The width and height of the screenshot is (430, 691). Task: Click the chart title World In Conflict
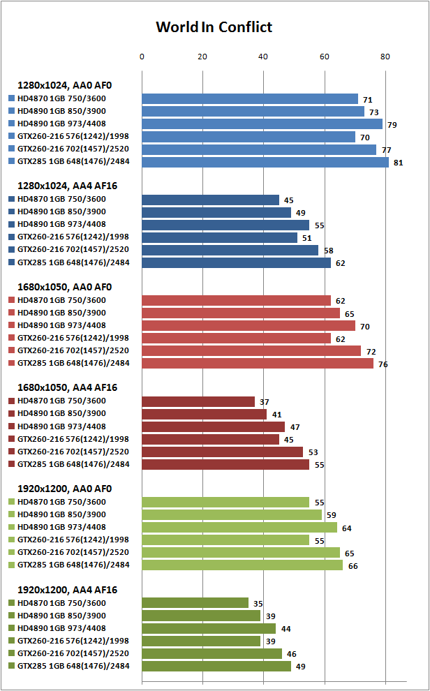pos(214,27)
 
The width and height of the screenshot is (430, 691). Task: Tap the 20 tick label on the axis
pos(202,57)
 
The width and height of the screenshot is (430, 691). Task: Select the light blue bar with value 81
pos(265,162)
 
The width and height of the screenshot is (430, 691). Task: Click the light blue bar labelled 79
pos(262,124)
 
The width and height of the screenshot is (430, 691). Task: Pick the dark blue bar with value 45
pos(210,200)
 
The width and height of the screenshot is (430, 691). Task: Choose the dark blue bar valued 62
pos(236,262)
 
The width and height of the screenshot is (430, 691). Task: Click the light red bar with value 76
pos(258,363)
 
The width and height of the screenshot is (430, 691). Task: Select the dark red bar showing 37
pos(198,401)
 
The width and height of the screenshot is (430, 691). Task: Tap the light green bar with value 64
pos(239,527)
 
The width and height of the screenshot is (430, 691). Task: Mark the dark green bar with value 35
pos(195,602)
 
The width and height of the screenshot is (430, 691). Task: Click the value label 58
pos(329,250)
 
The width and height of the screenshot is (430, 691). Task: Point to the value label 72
pos(371,350)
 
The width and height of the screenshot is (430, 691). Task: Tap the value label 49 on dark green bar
pos(302,666)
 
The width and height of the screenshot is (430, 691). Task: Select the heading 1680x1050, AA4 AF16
pos(67,387)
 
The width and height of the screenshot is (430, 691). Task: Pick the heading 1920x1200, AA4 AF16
pos(67,588)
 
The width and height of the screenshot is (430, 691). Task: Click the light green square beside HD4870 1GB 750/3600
pos(11,503)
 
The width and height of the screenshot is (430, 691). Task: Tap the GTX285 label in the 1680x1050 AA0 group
pos(73,363)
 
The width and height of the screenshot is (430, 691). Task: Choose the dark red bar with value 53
pos(222,452)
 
